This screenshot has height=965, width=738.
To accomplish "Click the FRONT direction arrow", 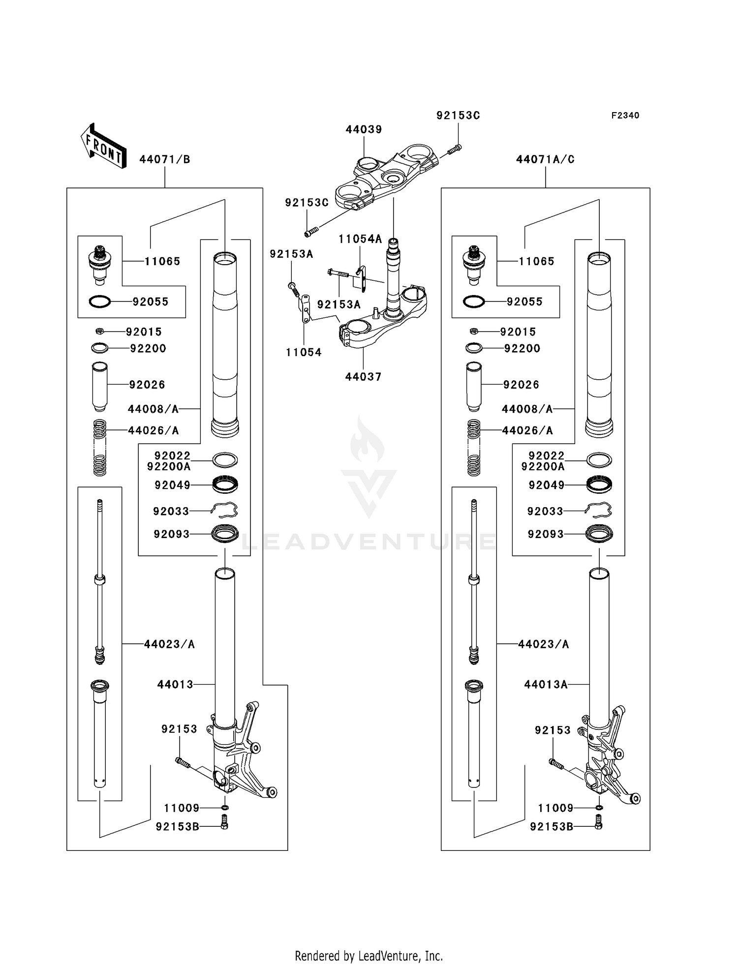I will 103,146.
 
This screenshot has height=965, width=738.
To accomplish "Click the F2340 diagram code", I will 625,116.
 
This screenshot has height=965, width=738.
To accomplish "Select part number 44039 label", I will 364,129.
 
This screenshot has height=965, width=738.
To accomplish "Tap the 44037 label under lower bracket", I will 363,377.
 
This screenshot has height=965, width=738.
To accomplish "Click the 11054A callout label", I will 360,239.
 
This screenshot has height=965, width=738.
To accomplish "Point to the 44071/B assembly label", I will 165,159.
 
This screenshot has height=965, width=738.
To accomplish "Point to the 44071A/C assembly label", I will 545,159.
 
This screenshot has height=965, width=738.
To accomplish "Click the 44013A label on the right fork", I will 546,684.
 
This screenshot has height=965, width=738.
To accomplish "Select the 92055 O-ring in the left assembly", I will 100,302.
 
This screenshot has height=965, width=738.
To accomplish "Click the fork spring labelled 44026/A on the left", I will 100,447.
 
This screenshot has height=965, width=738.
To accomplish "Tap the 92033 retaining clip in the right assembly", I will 598,511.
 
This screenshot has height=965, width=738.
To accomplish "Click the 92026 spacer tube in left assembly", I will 100,387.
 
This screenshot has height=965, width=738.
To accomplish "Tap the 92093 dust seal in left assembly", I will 225,534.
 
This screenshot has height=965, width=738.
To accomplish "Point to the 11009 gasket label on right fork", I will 555,808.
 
